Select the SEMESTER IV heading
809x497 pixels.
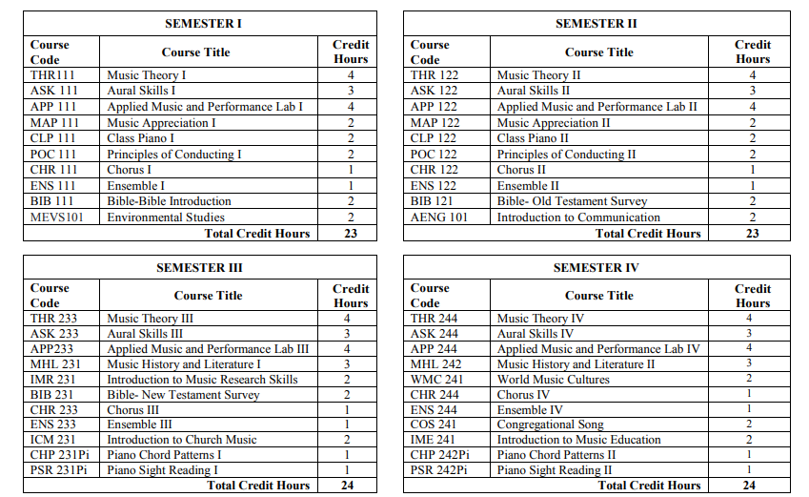[597, 268]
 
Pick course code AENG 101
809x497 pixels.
[439, 217]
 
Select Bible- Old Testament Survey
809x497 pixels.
[572, 201]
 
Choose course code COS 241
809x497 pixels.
[434, 425]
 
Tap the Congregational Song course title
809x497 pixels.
[550, 425]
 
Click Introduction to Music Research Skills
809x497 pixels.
[202, 380]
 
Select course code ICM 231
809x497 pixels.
[53, 440]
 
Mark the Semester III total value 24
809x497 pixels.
[350, 486]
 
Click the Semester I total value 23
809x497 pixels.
[350, 234]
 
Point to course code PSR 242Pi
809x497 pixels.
[439, 470]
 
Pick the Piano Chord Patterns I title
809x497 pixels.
[163, 455]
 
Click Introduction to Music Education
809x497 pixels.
[578, 440]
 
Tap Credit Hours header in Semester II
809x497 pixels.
[752, 52]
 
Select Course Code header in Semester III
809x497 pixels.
[50, 295]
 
